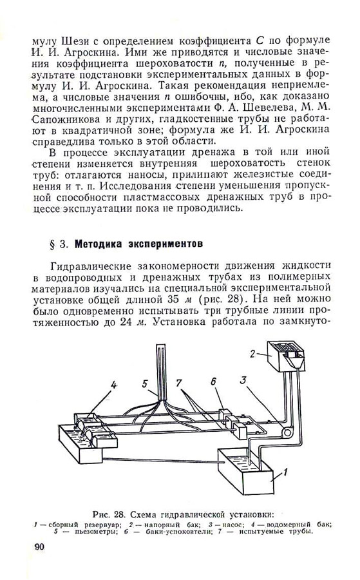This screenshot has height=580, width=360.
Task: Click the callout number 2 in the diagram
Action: (x=252, y=354)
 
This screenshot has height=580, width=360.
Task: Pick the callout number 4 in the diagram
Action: (x=114, y=385)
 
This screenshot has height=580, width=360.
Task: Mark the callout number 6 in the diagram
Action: (x=213, y=382)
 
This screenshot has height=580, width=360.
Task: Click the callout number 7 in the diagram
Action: (x=179, y=382)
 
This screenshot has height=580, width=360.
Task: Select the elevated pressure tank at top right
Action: (x=286, y=356)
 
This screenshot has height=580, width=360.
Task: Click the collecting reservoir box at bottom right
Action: (x=245, y=471)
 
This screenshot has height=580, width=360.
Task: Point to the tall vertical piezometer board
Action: (x=162, y=370)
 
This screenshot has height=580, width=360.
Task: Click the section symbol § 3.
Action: (x=59, y=244)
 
